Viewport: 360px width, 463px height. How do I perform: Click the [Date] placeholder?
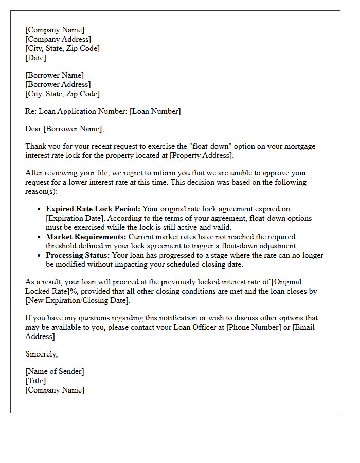(x=35, y=58)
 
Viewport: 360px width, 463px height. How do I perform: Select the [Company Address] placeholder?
(x=58, y=40)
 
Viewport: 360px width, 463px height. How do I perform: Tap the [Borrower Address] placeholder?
(x=58, y=84)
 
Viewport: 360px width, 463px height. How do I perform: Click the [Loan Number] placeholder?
(x=155, y=111)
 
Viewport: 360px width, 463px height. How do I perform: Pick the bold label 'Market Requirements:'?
(x=86, y=237)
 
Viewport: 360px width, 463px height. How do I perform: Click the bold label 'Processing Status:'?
(x=77, y=256)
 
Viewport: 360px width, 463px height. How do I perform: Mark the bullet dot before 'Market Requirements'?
(x=39, y=237)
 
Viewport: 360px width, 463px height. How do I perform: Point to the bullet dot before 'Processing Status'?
(x=39, y=256)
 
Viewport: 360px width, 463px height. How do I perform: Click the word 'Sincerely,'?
(x=42, y=354)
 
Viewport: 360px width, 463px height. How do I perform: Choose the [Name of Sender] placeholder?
(x=55, y=372)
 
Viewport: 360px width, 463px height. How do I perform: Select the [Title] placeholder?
(x=35, y=381)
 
